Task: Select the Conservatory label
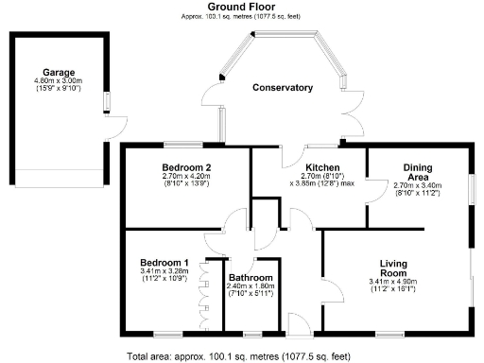pos(282,88)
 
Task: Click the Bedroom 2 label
pos(186,166)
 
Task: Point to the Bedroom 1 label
pos(164,262)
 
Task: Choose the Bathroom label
pos(251,277)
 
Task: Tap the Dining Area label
pos(417,172)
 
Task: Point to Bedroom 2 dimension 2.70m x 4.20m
pos(186,176)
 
